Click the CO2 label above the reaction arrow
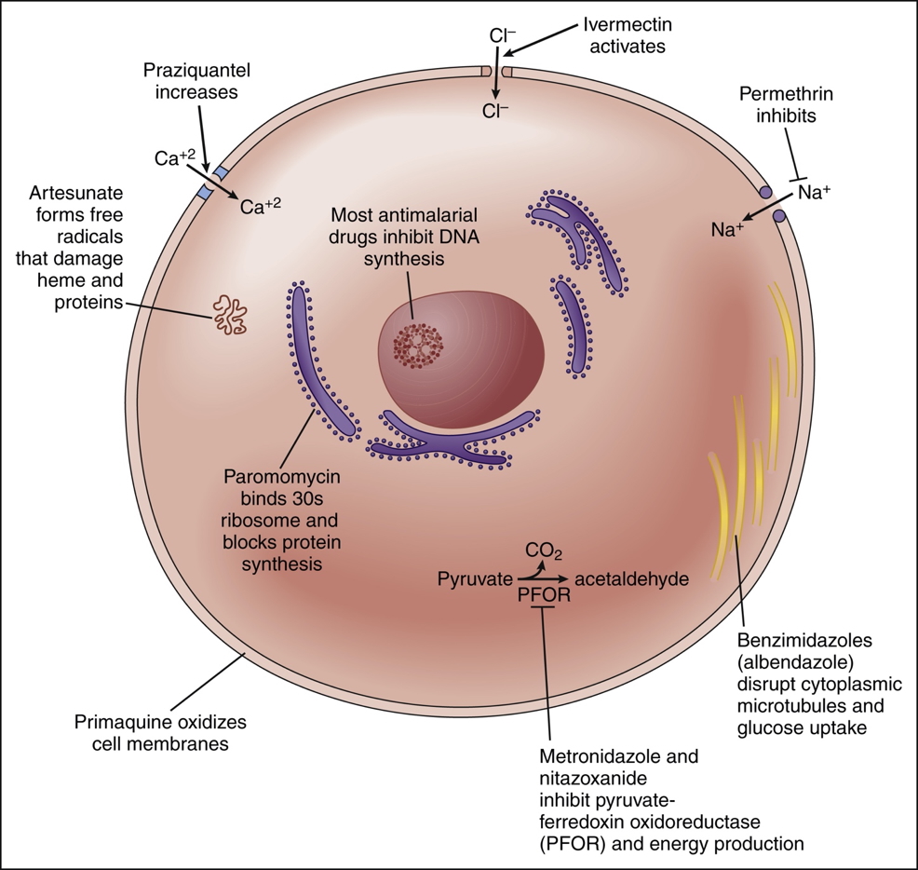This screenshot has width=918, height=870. (x=544, y=550)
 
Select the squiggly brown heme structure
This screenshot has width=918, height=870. (x=229, y=314)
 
